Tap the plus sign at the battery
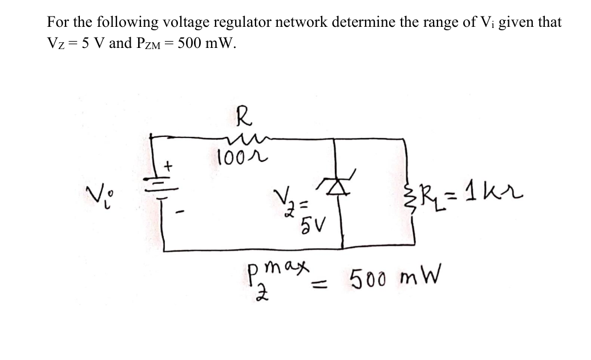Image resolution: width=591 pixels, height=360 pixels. click(x=168, y=166)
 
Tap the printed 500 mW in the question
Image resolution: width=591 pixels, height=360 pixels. click(x=206, y=43)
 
